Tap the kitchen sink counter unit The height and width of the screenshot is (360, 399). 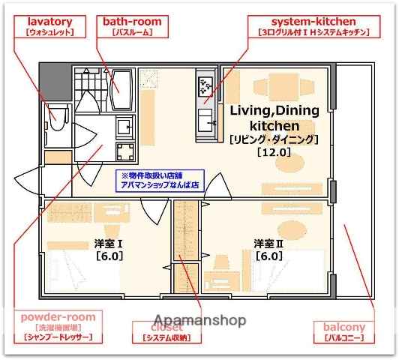tap(205, 105)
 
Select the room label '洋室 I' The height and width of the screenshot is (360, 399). tap(109, 244)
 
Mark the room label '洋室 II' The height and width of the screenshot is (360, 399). tap(268, 244)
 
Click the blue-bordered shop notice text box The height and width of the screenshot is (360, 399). tap(159, 181)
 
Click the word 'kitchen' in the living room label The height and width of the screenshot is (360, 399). tap(274, 125)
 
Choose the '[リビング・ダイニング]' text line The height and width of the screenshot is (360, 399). tap(274, 139)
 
